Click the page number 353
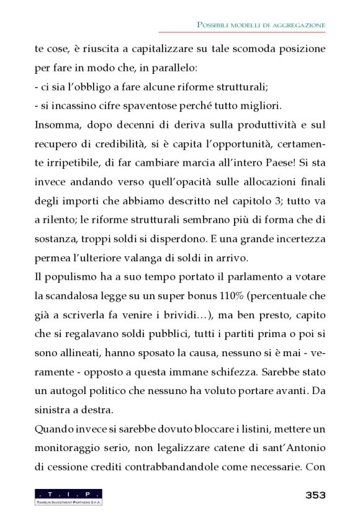315,495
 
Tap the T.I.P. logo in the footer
68,496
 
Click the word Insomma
57,125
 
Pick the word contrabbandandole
194,467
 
